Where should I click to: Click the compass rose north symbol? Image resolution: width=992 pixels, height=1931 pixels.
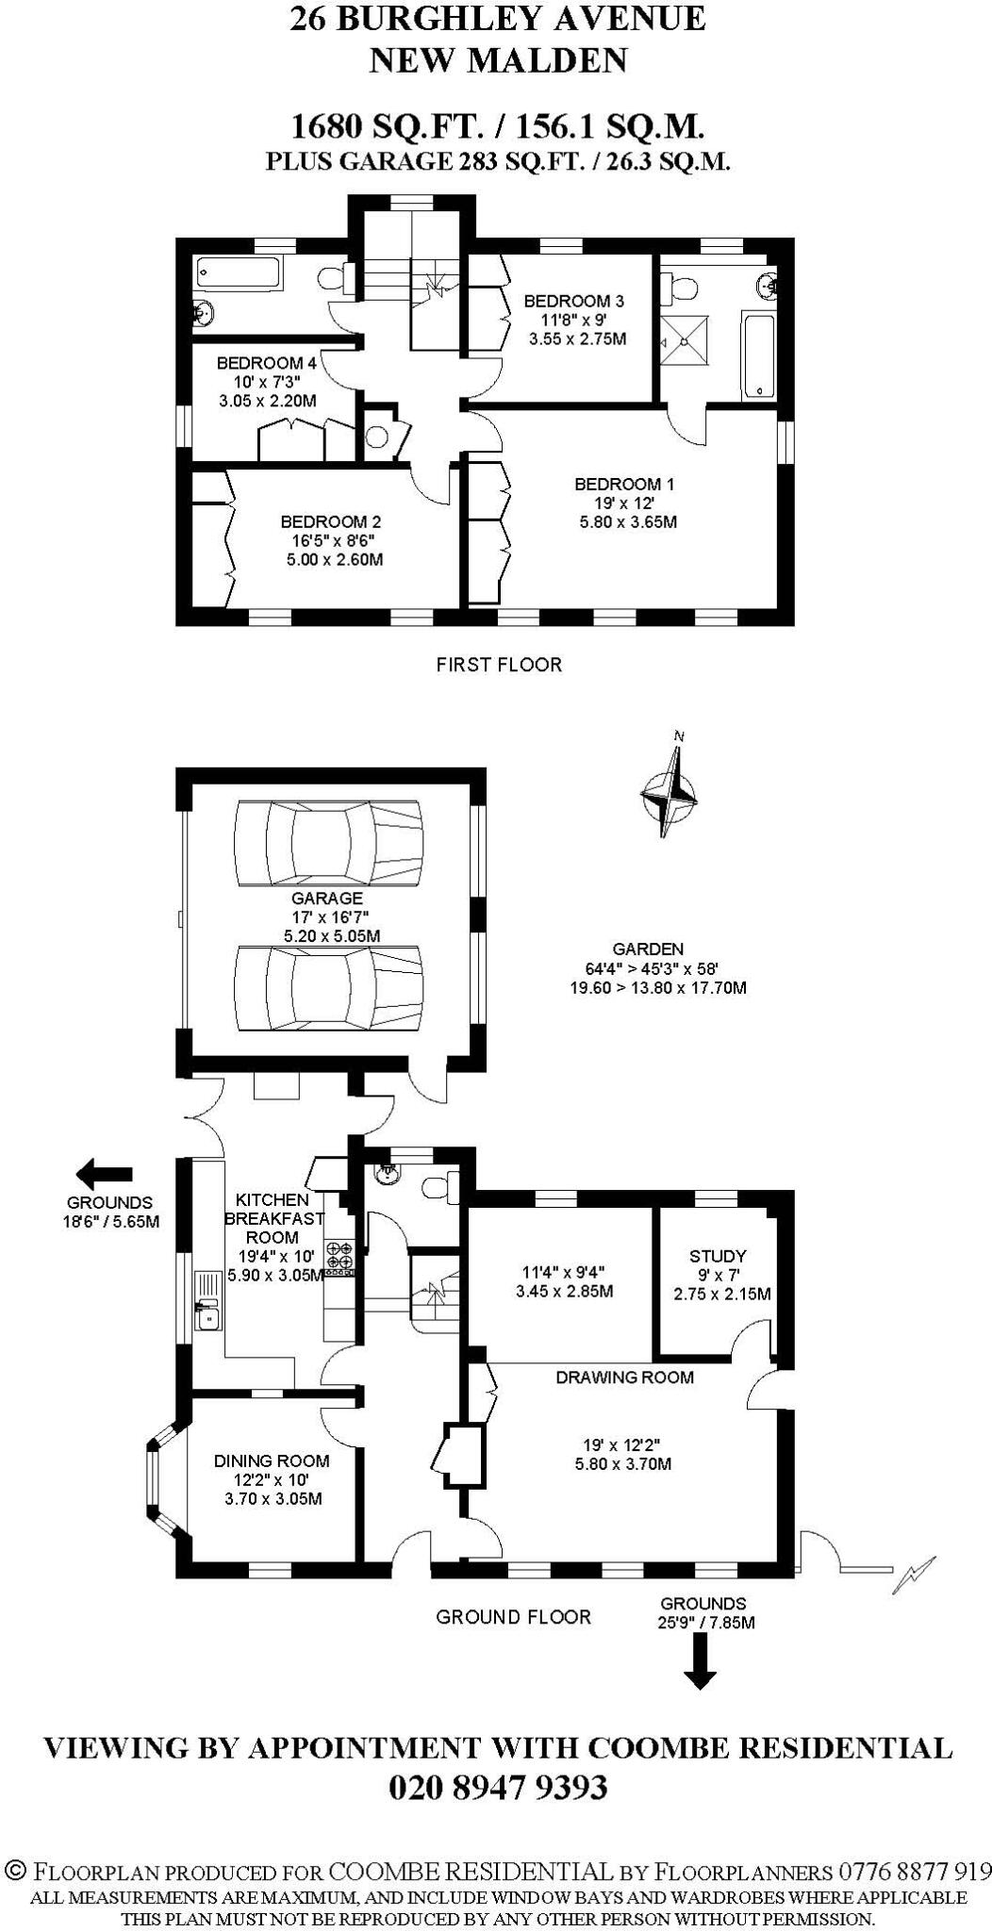coord(670,791)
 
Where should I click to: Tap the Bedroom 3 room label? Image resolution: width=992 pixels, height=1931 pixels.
coord(573,302)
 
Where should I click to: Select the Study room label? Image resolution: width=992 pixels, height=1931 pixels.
coord(718,1256)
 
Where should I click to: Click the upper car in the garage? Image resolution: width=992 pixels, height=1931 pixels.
coord(327,843)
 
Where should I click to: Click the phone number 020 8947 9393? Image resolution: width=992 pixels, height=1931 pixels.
coord(497,1788)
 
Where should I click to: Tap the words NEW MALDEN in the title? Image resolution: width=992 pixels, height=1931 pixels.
coord(497,60)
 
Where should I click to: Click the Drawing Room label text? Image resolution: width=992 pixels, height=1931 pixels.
coord(624,1377)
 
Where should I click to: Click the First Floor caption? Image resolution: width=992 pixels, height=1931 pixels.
coord(498,665)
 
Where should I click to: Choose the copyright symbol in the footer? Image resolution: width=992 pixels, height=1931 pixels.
coord(14,1871)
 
